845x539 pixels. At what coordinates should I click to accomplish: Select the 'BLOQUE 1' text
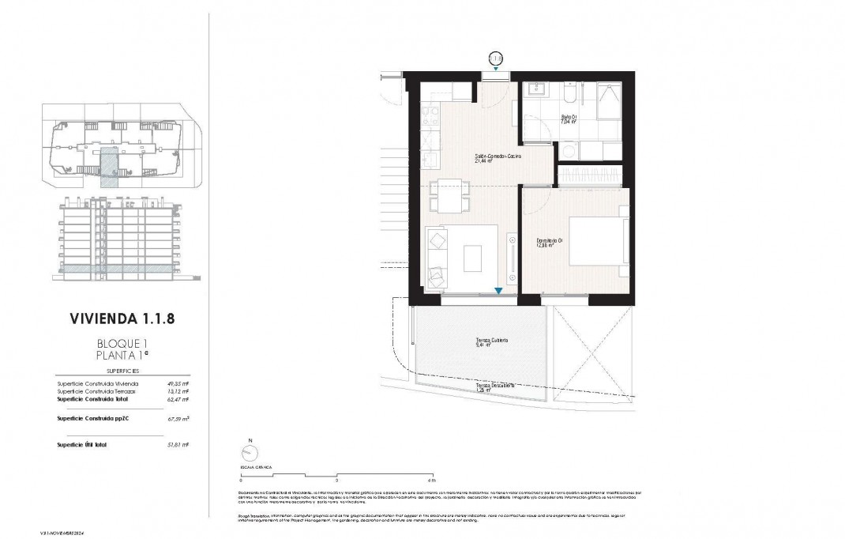122,344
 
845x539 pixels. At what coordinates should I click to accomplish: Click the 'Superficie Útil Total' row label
83,445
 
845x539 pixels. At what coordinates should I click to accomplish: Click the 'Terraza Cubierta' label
491,341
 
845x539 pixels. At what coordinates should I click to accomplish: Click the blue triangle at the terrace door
498,291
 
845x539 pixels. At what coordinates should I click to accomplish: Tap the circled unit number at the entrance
495,58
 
